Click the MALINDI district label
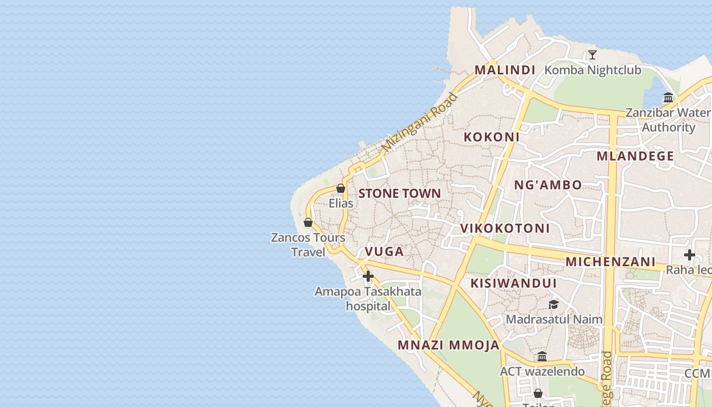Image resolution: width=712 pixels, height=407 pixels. click(505, 70)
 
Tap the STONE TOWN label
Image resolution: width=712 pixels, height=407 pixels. click(400, 193)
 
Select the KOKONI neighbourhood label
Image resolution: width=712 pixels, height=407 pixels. click(491, 137)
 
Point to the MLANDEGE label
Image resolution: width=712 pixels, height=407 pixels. click(635, 156)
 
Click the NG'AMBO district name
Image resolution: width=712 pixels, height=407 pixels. click(548, 185)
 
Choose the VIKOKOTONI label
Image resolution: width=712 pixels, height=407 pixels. click(505, 228)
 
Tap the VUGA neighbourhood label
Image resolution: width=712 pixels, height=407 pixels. click(384, 251)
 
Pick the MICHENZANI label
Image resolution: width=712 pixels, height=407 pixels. click(610, 262)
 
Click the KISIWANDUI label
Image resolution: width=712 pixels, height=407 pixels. click(514, 283)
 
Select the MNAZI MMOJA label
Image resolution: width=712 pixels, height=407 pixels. click(449, 345)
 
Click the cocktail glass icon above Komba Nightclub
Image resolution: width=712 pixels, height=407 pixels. click(592, 55)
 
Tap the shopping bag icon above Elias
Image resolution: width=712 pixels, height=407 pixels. click(341, 189)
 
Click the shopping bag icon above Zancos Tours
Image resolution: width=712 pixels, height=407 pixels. click(308, 222)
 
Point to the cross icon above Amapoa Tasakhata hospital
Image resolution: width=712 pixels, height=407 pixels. click(368, 276)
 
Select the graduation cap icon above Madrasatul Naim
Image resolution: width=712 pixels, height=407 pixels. click(553, 304)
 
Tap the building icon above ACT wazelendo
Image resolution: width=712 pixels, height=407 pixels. click(542, 356)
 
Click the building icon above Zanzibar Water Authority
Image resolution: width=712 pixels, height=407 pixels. click(668, 97)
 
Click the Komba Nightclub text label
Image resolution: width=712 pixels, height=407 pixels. click(593, 70)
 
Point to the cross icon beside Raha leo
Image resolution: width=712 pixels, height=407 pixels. click(690, 254)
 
